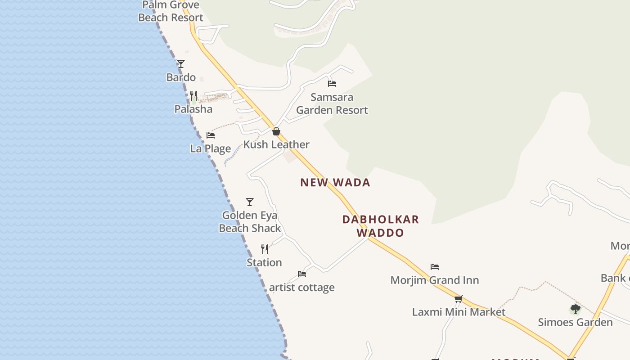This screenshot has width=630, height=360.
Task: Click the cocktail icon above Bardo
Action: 181,64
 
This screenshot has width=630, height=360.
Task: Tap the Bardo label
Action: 181,77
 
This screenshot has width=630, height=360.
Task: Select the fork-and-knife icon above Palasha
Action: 193,95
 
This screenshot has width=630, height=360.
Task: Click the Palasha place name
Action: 193,109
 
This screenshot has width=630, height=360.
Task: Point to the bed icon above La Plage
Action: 210,135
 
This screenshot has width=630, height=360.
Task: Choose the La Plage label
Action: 210,148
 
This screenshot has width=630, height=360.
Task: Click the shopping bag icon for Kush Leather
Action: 276,131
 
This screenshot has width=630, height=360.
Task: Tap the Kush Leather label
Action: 276,145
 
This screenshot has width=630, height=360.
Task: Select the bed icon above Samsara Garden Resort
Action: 332,83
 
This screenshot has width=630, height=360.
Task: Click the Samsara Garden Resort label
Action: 332,104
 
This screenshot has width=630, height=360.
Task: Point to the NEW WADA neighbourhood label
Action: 335,182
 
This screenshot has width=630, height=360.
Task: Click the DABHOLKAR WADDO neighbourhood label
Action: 380,226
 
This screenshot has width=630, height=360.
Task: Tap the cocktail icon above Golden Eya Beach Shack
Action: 250,202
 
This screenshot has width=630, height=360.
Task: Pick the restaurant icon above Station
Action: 265,249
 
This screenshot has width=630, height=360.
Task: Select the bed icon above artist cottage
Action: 302,274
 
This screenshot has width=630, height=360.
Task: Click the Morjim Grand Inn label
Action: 435,280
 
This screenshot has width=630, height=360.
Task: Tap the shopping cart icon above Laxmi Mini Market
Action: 459,299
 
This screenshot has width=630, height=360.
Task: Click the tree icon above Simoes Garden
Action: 575,309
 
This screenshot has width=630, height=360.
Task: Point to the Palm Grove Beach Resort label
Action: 171,11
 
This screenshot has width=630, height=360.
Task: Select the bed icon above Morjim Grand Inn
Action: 435,266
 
